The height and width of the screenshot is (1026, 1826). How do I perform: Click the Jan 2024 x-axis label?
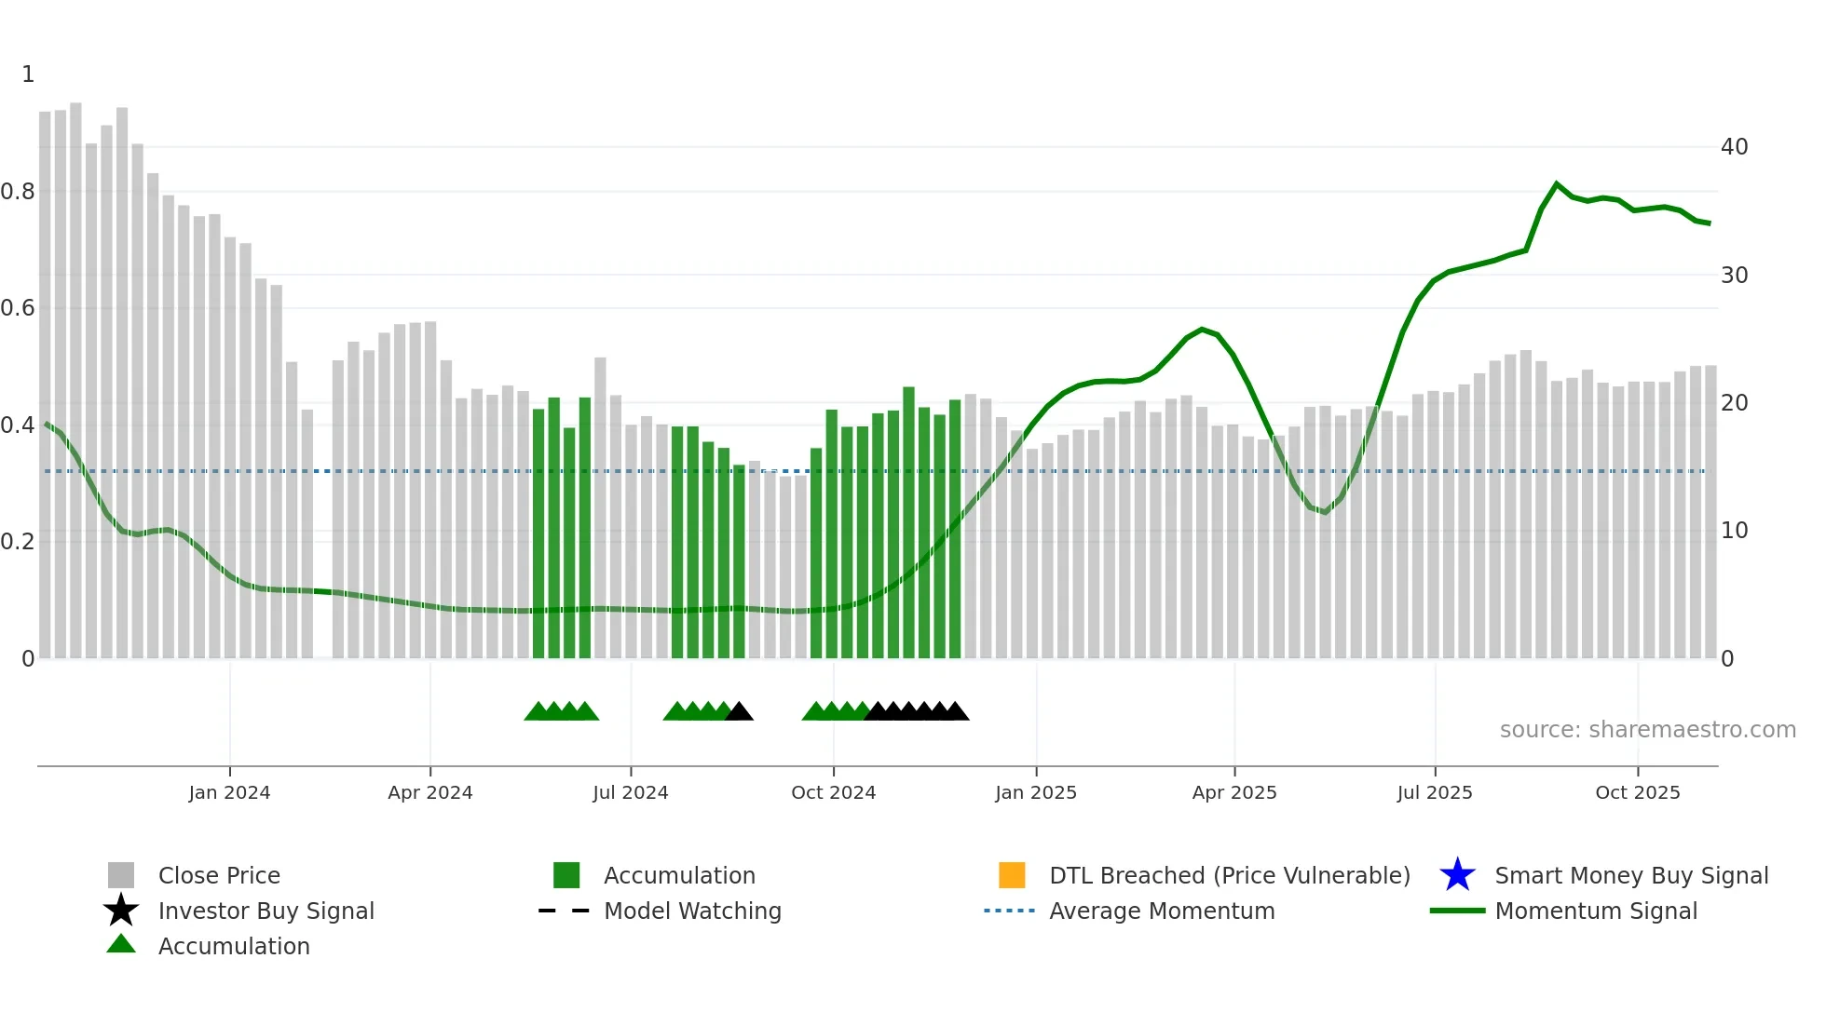pos(229,792)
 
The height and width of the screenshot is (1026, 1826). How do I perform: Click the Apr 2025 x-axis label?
pos(1234,792)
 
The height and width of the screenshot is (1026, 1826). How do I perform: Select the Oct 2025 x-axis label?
pos(1637,792)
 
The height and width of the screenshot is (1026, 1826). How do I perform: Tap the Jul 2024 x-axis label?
pos(631,792)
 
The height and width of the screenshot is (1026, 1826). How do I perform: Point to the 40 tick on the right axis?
pos(1734,147)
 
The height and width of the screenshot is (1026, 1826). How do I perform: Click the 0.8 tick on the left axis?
pos(18,192)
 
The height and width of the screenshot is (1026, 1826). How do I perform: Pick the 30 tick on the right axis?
pos(1734,276)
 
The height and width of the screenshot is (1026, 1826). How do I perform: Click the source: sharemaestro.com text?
pos(1647,730)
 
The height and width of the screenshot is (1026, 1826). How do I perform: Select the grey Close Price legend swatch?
pos(121,875)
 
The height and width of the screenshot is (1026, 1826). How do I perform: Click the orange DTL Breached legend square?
pos(1012,875)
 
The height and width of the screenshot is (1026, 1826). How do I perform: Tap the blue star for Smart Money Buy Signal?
pos(1457,875)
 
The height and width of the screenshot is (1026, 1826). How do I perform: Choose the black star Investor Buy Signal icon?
pos(121,911)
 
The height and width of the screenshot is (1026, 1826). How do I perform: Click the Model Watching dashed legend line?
pos(564,911)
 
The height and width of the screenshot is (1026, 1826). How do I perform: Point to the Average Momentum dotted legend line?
pos(1009,911)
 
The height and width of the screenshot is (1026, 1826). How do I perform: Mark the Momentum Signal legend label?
pos(1596,911)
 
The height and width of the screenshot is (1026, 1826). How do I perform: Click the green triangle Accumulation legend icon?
pos(121,944)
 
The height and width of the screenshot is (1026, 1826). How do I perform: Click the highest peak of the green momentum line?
pos(1557,184)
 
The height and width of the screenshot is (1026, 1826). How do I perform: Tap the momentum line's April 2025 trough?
pos(1325,512)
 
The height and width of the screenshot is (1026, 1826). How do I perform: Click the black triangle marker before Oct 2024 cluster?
pos(739,712)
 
